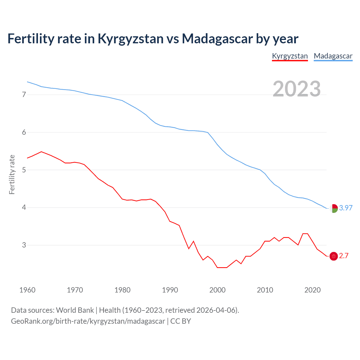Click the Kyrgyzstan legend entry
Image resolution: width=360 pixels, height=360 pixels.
[290, 56]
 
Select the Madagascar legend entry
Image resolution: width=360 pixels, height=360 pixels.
[333, 56]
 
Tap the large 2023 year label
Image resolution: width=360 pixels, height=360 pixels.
[297, 89]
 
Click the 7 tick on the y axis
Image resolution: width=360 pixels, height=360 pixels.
[24, 95]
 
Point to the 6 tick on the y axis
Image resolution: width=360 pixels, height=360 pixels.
[24, 132]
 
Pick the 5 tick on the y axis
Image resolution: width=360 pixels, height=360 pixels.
[24, 170]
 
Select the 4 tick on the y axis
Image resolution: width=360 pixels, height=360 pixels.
[24, 208]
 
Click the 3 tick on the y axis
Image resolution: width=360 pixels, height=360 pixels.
[24, 245]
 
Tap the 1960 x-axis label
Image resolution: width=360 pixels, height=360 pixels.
[27, 290]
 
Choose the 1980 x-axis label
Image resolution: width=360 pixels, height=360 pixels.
[122, 290]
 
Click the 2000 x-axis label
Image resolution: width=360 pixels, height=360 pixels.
[217, 290]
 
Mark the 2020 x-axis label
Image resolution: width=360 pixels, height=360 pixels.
[312, 290]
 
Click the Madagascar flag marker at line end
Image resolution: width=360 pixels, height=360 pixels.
[334, 208]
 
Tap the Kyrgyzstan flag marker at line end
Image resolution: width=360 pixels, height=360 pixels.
[334, 256]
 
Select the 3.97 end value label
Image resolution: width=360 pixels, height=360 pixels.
[346, 208]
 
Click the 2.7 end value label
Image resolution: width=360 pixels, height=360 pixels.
[344, 256]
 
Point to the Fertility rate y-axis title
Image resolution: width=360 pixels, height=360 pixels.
[12, 174]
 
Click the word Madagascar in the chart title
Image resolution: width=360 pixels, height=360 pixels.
[217, 39]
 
